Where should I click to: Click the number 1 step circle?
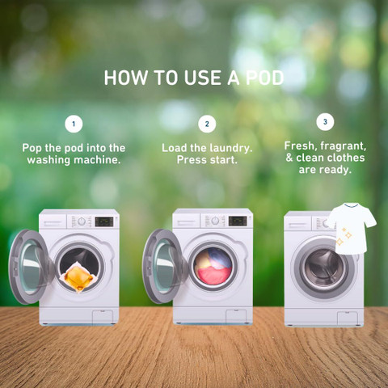pos(74,124)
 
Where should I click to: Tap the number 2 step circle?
pos(207,124)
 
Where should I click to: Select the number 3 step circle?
pos(325,122)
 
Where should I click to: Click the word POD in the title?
pos(264,78)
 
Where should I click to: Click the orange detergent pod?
pos(78,277)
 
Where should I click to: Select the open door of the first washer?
pos(30,267)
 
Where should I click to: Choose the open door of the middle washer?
pos(164,266)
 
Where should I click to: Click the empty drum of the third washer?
pos(323,269)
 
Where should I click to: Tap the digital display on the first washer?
pos(104,221)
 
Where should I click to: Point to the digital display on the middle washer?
pos(238,221)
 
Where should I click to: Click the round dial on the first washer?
pos(82,221)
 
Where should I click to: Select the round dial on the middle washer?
pos(215,221)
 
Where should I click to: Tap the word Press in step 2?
pos(192,160)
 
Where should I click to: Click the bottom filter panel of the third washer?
pos(348,318)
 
